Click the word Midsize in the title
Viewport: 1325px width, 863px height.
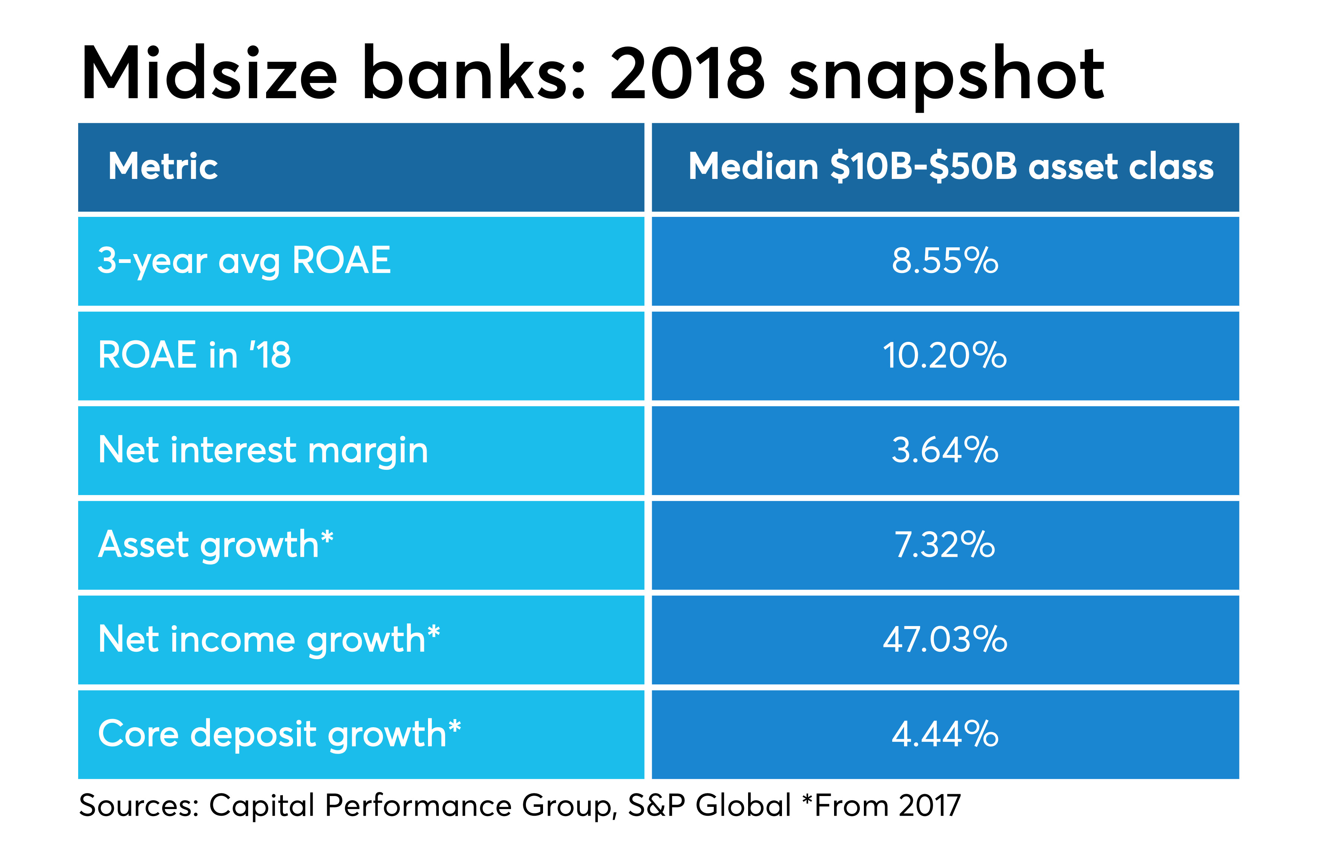(209, 73)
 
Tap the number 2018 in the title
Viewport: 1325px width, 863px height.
(687, 73)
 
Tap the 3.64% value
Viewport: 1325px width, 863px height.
(945, 450)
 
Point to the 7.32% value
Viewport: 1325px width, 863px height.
(945, 544)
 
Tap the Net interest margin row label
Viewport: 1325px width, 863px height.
(263, 450)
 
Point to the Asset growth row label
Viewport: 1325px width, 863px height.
(214, 544)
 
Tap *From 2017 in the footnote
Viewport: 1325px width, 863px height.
(881, 805)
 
